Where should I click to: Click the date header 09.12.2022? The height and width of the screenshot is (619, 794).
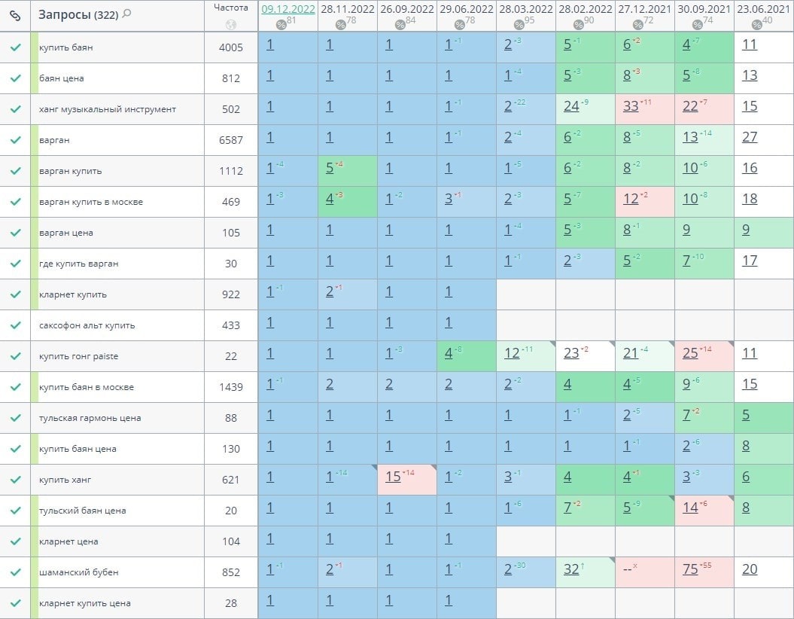[x=287, y=9]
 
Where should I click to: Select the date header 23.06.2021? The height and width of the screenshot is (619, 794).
[x=763, y=9]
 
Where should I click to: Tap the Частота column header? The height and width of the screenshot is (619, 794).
[x=230, y=8]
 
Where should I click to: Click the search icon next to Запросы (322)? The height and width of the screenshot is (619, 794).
[x=126, y=14]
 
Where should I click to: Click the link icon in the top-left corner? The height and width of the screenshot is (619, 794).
[x=15, y=15]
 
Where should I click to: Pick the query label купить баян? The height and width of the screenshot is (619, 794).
[x=66, y=47]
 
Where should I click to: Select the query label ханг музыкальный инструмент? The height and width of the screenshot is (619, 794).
[x=108, y=109]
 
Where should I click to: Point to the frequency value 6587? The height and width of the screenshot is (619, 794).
[x=231, y=140]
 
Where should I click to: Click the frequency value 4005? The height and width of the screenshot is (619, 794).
[x=231, y=47]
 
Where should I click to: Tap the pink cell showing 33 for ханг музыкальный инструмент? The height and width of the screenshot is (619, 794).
[x=631, y=106]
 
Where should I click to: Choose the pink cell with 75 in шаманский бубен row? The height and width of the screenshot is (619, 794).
[x=691, y=569]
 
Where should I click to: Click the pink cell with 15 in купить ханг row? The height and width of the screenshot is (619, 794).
[x=394, y=477]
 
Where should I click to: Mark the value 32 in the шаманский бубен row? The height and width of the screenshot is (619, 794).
[x=572, y=569]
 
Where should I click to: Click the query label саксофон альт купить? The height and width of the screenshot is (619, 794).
[x=87, y=325]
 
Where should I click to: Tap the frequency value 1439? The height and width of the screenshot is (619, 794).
[x=231, y=387]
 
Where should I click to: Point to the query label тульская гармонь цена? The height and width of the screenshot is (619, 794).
[x=90, y=418]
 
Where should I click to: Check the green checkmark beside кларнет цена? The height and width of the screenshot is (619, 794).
[x=15, y=541]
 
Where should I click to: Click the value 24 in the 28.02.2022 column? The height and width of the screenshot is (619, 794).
[x=572, y=106]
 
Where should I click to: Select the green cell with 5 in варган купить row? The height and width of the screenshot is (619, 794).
[x=330, y=168]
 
